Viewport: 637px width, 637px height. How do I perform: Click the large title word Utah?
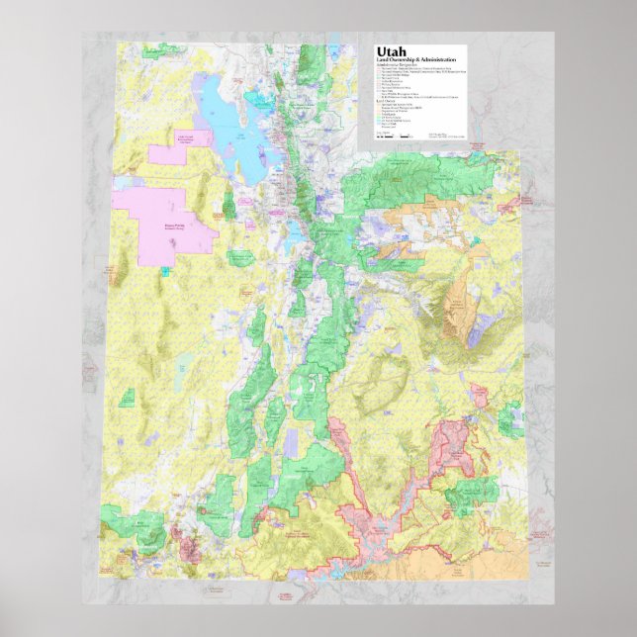pyautogui.click(x=392, y=53)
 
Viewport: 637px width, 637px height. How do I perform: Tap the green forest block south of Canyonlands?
pyautogui.click(x=471, y=494)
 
